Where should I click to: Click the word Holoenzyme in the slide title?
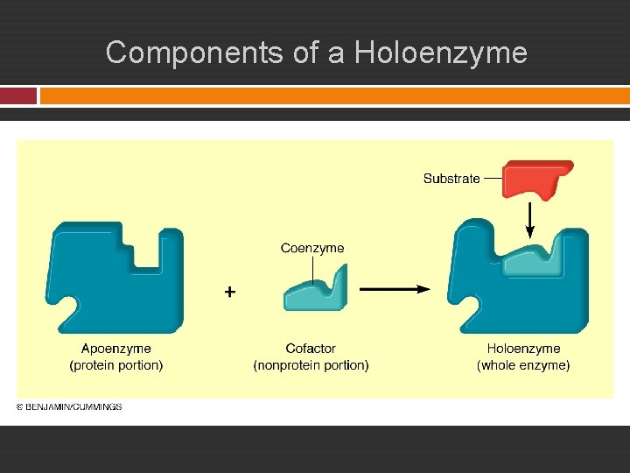tap(440, 53)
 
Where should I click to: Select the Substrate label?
tap(451, 179)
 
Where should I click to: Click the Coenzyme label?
tap(312, 248)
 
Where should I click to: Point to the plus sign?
tap(229, 292)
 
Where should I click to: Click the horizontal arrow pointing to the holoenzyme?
tap(394, 288)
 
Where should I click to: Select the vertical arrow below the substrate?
tap(529, 219)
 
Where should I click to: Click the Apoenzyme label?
tap(116, 349)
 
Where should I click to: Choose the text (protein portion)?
tap(116, 365)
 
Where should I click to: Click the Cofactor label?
tap(311, 349)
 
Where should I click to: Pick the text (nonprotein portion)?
tap(311, 365)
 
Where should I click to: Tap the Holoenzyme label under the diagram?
tap(523, 349)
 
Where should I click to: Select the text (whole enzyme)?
tap(523, 365)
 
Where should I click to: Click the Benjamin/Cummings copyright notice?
tap(69, 406)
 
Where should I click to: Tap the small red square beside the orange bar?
tap(18, 95)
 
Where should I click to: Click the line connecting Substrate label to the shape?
tap(492, 179)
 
